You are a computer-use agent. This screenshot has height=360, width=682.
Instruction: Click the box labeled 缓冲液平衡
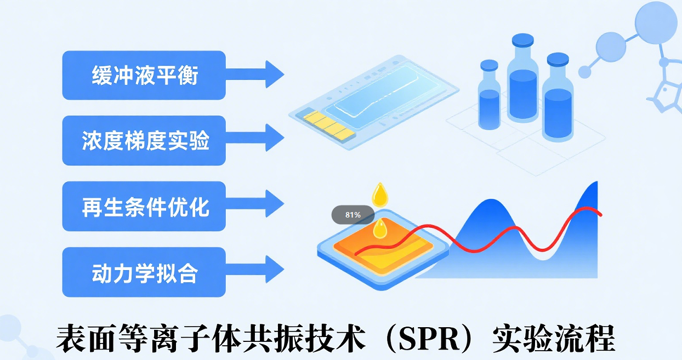point(144,75)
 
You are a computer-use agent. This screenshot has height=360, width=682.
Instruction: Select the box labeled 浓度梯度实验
point(144,141)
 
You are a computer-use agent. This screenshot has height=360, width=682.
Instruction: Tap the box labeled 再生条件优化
point(144,207)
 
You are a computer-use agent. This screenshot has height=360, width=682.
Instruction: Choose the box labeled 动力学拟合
point(144,272)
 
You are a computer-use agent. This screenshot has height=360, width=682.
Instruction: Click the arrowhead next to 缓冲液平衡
point(275,75)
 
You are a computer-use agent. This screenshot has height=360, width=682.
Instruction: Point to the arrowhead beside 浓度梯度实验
point(275,138)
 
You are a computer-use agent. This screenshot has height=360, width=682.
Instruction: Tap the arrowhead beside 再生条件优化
point(275,203)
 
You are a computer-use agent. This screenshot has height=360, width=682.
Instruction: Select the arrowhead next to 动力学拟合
point(275,269)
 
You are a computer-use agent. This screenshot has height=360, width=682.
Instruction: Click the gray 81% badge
point(353,215)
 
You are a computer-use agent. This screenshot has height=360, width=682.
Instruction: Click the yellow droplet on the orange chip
point(380,229)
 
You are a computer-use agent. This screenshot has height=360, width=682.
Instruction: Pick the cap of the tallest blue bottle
point(523,40)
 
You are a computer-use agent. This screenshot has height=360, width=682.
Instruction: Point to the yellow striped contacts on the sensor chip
point(329,125)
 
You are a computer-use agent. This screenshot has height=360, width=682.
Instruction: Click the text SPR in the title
point(429,339)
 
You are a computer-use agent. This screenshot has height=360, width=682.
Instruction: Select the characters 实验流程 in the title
point(554,339)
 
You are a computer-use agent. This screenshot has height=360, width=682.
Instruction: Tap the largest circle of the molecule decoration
point(656,23)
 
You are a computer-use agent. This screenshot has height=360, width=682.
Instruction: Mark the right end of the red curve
point(600,215)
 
